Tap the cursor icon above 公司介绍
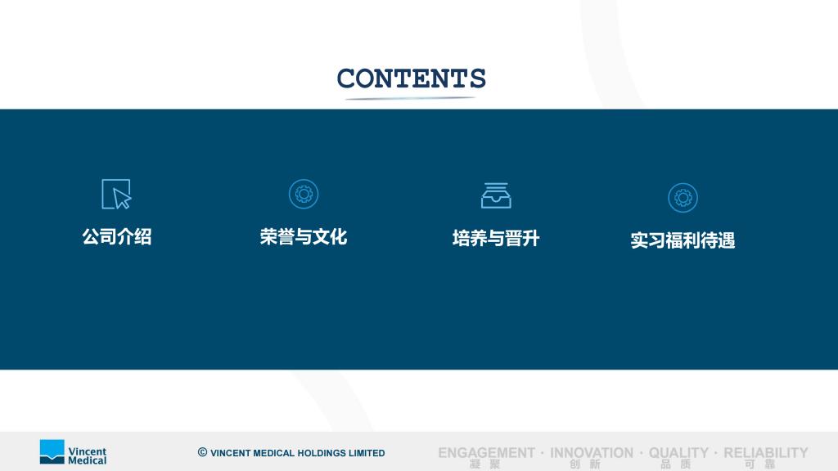(116, 194)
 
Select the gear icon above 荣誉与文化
(304, 194)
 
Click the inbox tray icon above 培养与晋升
(496, 195)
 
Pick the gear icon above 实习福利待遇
(683, 198)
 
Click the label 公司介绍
(117, 236)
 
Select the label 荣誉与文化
(304, 236)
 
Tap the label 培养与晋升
(496, 238)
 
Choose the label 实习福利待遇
(683, 240)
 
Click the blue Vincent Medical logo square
(52, 451)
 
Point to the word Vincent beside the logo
(87, 451)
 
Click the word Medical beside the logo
(87, 460)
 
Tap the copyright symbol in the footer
(203, 452)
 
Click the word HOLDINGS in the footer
(321, 453)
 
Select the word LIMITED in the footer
(367, 453)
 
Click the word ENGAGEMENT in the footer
(486, 453)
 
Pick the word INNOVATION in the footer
(592, 453)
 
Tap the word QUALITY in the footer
(678, 453)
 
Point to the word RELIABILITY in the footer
(766, 453)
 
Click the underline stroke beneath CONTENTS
(411, 98)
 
